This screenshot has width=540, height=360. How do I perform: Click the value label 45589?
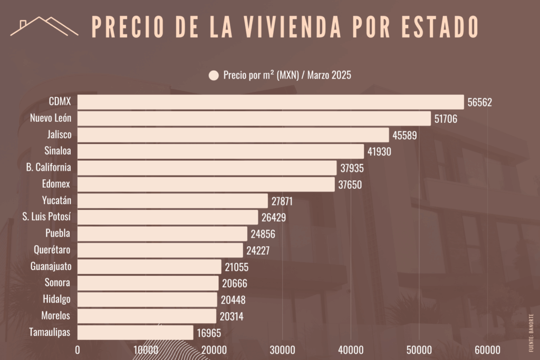pos(404,135)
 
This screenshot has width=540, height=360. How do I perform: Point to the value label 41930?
pos(379,152)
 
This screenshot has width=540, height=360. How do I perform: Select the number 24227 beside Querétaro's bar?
pos(258,250)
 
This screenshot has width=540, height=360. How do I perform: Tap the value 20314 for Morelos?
pos(231,316)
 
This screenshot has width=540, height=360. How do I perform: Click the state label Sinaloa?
pos(57,151)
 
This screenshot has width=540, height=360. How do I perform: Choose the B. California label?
pos(49,168)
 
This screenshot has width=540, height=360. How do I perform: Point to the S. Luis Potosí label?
pos(46,217)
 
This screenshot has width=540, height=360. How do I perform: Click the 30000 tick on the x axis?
pos(282,349)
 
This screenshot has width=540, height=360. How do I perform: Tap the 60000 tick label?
pos(487,349)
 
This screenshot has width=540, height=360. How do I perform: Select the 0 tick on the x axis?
pos(78,349)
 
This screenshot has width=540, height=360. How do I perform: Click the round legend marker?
pos(214,75)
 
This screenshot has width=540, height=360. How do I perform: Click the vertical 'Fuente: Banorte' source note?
pos(531,333)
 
